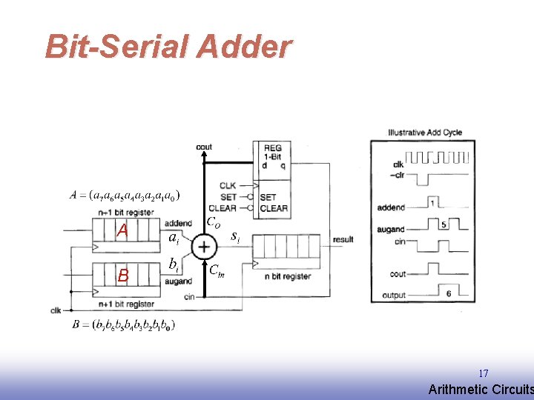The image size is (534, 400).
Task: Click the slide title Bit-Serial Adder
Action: tap(168, 47)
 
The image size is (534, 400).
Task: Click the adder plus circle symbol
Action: tap(202, 247)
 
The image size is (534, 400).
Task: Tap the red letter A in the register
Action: tap(122, 231)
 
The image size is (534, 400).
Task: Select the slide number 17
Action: tap(483, 373)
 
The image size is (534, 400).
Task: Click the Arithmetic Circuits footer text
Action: tap(481, 390)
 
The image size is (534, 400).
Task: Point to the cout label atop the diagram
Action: tap(204, 147)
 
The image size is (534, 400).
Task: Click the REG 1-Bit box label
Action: tap(272, 153)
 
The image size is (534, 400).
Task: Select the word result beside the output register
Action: tap(343, 239)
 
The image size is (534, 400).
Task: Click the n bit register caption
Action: tap(287, 276)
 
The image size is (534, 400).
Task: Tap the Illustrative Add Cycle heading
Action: tap(424, 133)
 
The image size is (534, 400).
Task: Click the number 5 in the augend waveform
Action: tap(443, 224)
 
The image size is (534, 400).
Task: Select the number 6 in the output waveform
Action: tap(449, 293)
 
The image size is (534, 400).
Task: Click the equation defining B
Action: tap(124, 324)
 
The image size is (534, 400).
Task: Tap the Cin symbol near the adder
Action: tap(216, 270)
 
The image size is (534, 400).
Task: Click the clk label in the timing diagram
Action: tap(398, 164)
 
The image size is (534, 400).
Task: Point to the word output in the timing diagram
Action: tap(393, 296)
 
